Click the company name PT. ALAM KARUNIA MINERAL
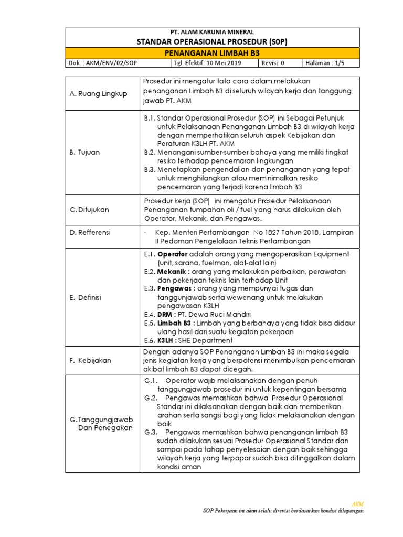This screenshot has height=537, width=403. [212, 32]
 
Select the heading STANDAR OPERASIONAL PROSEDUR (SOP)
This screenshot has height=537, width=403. [212, 41]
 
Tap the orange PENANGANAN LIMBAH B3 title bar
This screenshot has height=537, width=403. [212, 53]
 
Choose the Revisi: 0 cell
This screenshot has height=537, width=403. [273, 63]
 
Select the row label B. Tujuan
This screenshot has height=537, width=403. [84, 152]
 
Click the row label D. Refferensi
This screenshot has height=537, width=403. [90, 232]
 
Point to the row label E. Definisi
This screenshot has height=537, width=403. [87, 297]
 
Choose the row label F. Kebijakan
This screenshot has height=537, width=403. [90, 361]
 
